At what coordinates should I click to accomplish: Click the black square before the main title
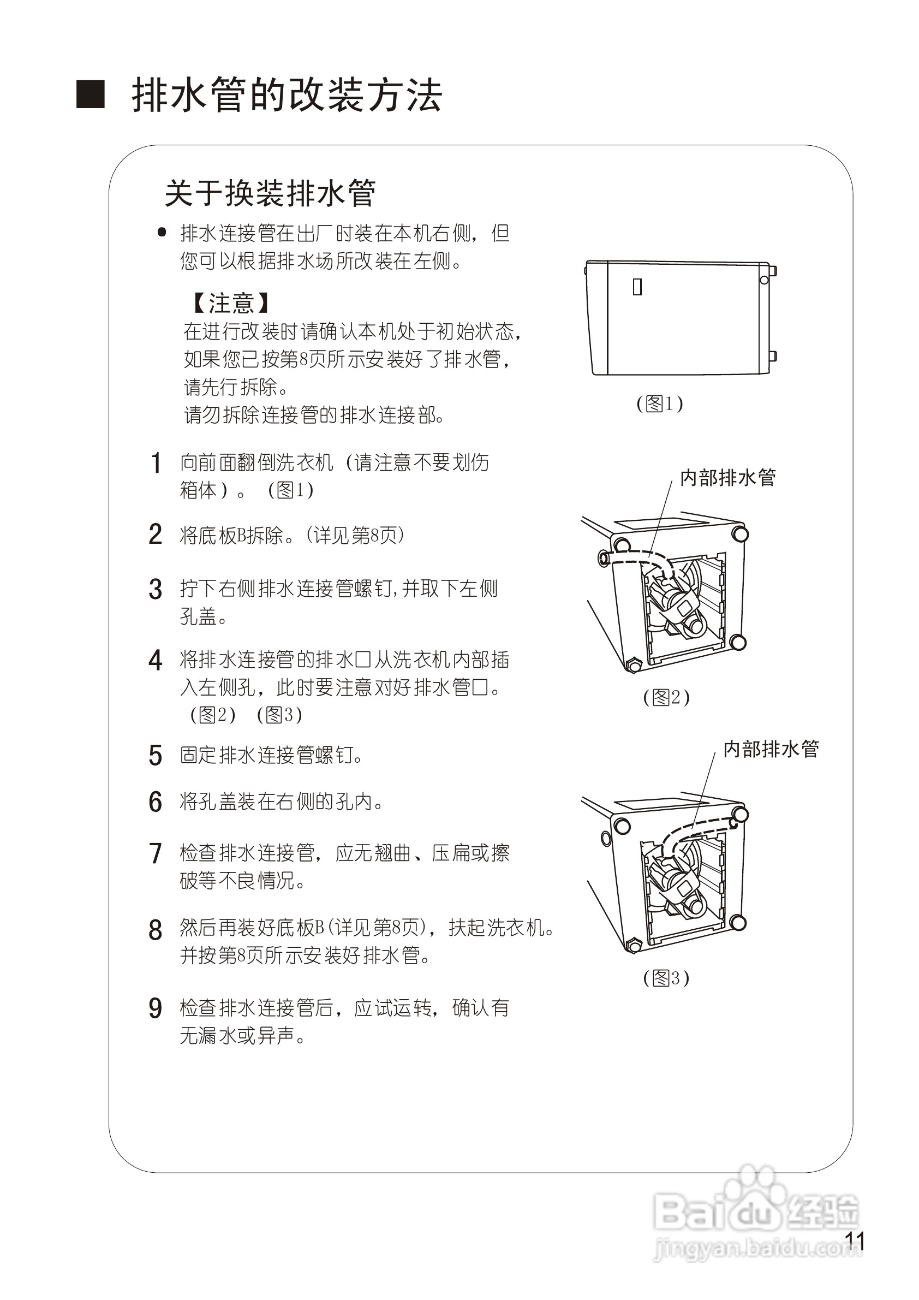coord(91,94)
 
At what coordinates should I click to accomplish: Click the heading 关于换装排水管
coord(270,193)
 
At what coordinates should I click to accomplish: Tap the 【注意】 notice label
coord(230,303)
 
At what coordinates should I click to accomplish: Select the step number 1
coord(156,463)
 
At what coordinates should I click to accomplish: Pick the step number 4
coord(156,660)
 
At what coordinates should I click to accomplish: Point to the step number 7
coord(156,854)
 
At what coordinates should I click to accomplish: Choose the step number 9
coord(156,1009)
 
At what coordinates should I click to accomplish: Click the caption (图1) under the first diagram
coord(659,403)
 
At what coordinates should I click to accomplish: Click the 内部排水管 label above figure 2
coord(728,478)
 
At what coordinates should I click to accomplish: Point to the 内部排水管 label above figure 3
coord(771,749)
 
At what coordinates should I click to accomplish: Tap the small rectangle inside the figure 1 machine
coord(637,287)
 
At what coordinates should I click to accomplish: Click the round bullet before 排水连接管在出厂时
coord(162,232)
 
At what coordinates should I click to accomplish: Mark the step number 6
coord(156,802)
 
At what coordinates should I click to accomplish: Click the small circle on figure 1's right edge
coord(764,280)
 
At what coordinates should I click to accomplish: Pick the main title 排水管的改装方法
coord(287,95)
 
